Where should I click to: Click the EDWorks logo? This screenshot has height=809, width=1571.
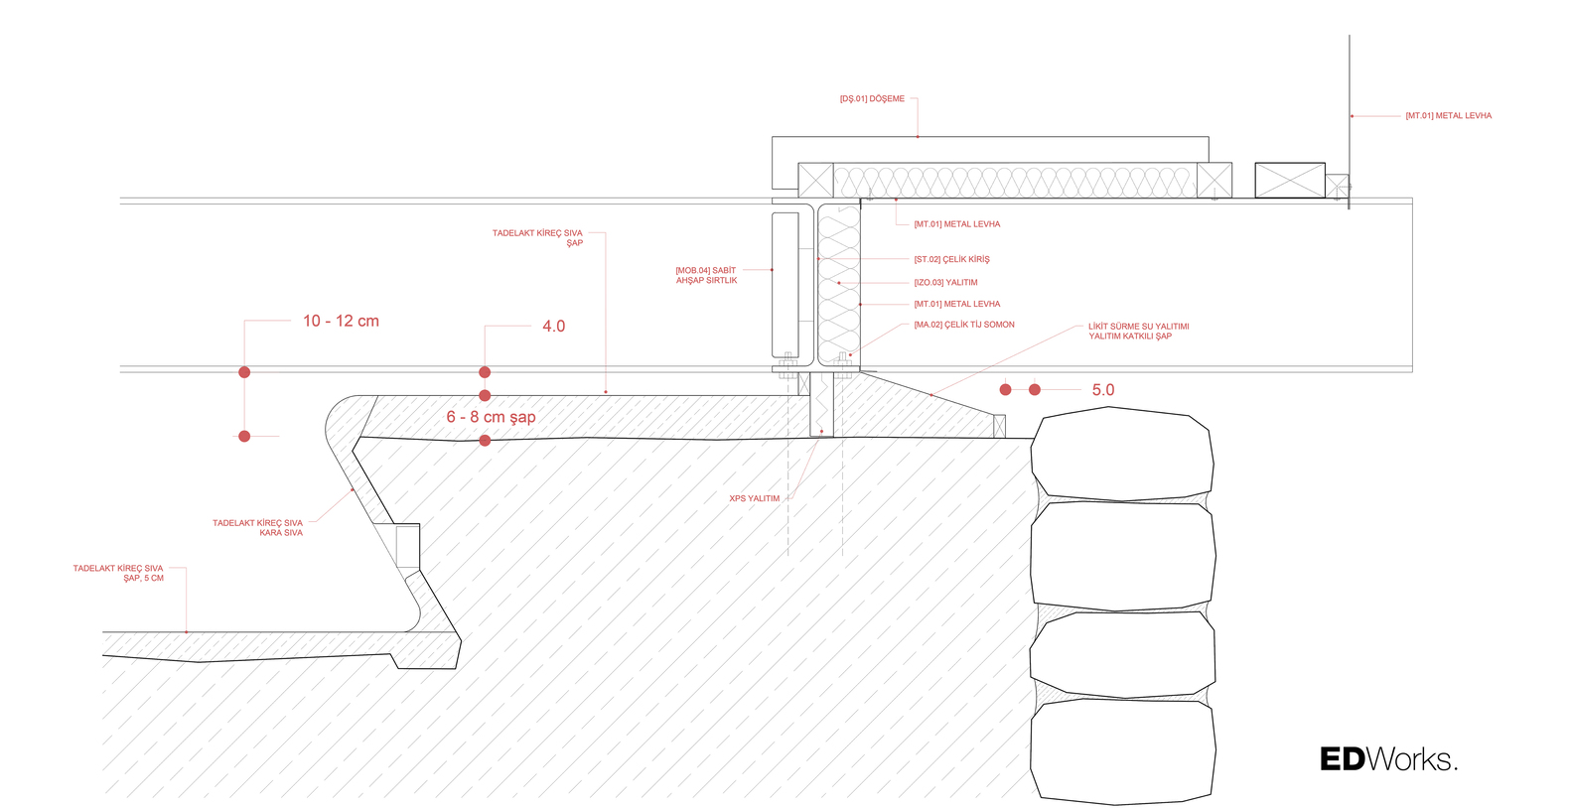point(1388,759)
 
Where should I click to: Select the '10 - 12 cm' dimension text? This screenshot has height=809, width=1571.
point(341,321)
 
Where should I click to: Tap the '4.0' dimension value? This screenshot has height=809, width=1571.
point(553,326)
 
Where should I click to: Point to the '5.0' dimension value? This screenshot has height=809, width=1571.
point(1102,390)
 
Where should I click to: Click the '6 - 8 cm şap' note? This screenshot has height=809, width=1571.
point(491,417)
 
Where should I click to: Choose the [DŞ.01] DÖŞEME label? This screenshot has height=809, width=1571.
point(872,99)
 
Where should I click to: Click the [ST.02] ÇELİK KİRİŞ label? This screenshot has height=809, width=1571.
point(951,259)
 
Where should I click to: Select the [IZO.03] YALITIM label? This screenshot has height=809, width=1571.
point(945,283)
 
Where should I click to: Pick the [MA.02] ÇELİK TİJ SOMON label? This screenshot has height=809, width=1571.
point(963,325)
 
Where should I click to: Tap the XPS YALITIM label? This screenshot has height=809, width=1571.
point(754,498)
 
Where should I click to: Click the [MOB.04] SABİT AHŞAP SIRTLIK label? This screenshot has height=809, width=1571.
point(706,276)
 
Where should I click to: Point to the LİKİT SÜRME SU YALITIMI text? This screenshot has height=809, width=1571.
point(1138,327)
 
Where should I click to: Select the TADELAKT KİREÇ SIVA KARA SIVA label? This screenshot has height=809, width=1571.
point(257,528)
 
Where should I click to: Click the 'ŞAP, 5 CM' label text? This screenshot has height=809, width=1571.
point(143,579)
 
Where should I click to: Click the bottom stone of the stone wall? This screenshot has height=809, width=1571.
point(1123,751)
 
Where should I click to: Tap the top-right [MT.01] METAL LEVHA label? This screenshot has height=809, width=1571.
point(1448,116)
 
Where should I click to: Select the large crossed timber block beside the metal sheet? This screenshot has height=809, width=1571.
point(1290,181)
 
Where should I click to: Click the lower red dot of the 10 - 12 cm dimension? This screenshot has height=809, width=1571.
point(244,437)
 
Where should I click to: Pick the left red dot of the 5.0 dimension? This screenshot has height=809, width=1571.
point(1005,390)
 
